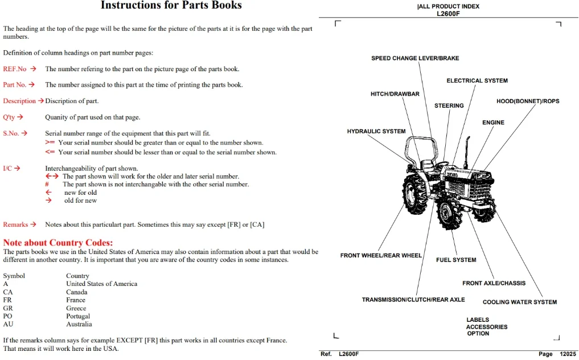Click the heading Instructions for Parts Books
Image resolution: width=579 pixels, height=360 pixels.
tap(171, 5)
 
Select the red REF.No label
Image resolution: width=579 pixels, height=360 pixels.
tap(15, 69)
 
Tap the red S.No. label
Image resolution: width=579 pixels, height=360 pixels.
tap(11, 133)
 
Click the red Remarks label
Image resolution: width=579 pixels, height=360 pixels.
tap(15, 225)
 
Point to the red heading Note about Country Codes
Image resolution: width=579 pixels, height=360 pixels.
tap(58, 243)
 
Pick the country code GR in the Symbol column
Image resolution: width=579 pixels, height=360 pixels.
tap(8, 308)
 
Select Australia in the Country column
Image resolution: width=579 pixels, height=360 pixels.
tap(79, 324)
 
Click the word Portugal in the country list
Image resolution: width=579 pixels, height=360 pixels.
tap(78, 316)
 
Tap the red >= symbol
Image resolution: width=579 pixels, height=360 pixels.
tap(50, 142)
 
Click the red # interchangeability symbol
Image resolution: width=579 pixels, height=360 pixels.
tap(47, 185)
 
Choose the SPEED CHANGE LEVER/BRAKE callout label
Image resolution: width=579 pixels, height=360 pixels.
tap(415, 59)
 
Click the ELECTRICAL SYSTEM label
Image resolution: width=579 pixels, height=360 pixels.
tap(477, 80)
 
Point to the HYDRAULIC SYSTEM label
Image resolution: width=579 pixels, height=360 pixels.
tap(376, 131)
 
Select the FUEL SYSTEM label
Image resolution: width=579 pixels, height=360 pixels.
tap(456, 260)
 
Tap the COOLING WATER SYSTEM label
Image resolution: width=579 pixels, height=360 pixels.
tap(520, 302)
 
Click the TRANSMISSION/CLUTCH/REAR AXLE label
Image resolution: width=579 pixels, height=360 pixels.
tap(413, 300)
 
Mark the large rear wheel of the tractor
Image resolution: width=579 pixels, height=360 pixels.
tap(416, 195)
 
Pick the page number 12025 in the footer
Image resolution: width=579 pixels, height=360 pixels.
tap(568, 354)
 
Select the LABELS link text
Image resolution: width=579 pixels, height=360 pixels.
tap(478, 320)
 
